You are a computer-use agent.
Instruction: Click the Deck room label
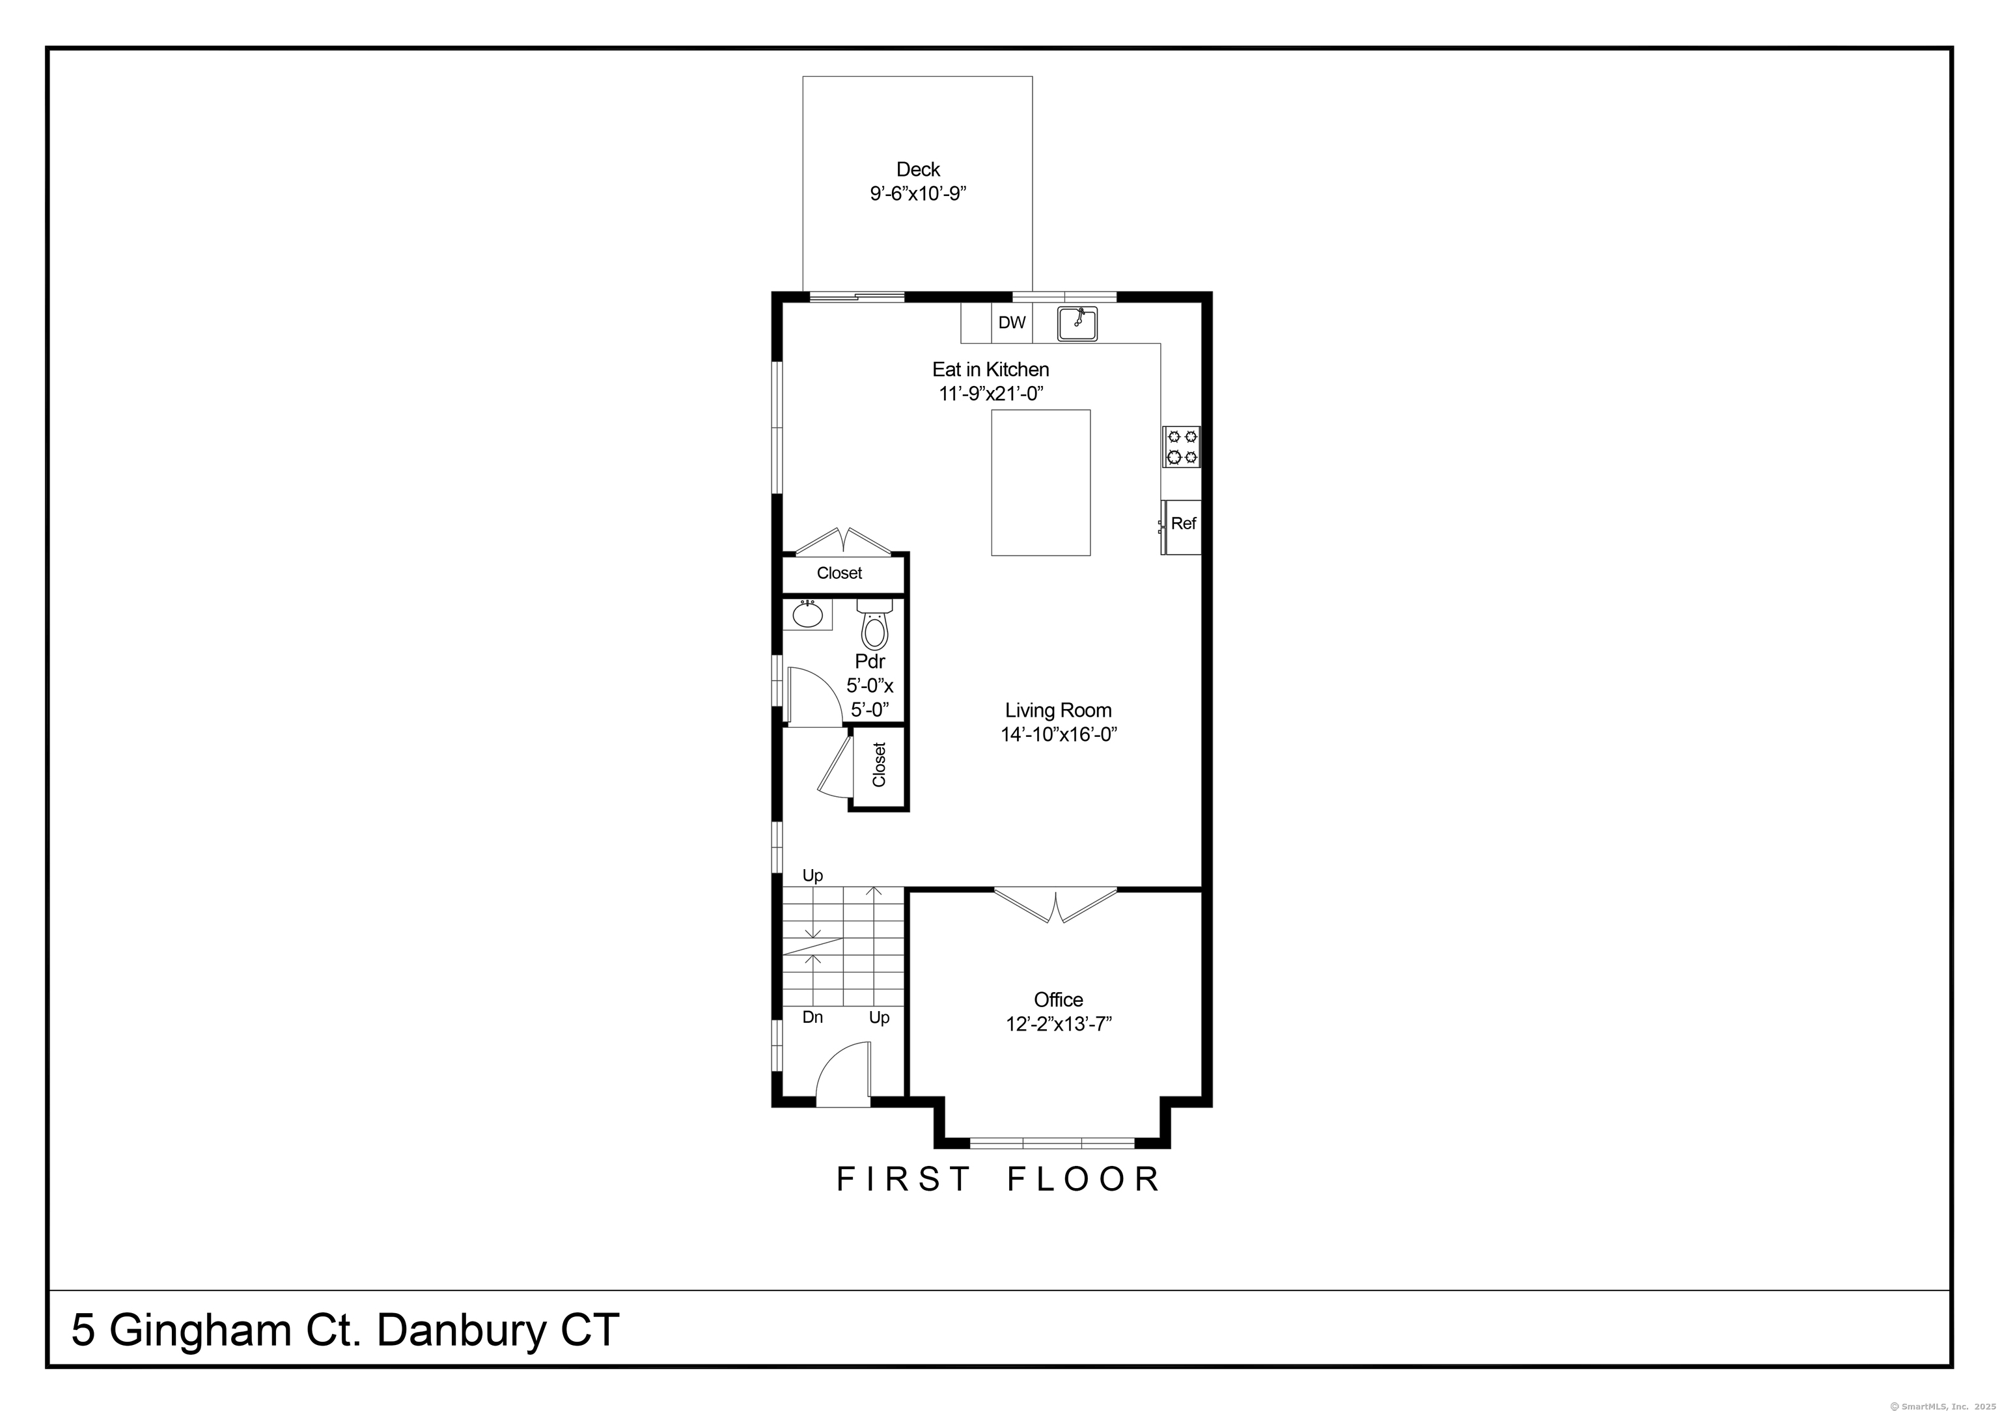(x=918, y=169)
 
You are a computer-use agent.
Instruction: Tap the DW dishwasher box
(x=1011, y=322)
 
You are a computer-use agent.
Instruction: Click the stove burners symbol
(x=1181, y=447)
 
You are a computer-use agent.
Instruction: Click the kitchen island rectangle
(x=1041, y=482)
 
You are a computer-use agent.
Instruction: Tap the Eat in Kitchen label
(x=990, y=369)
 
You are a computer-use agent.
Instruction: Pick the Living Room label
(x=1059, y=710)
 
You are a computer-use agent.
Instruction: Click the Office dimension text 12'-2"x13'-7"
(x=1059, y=1023)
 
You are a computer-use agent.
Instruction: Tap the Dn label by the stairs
(x=812, y=1017)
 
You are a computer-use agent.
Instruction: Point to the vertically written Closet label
(x=879, y=764)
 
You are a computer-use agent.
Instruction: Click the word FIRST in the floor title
(x=902, y=1179)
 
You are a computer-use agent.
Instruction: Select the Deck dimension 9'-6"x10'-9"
(x=918, y=193)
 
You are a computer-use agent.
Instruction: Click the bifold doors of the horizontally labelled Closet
(x=843, y=541)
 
